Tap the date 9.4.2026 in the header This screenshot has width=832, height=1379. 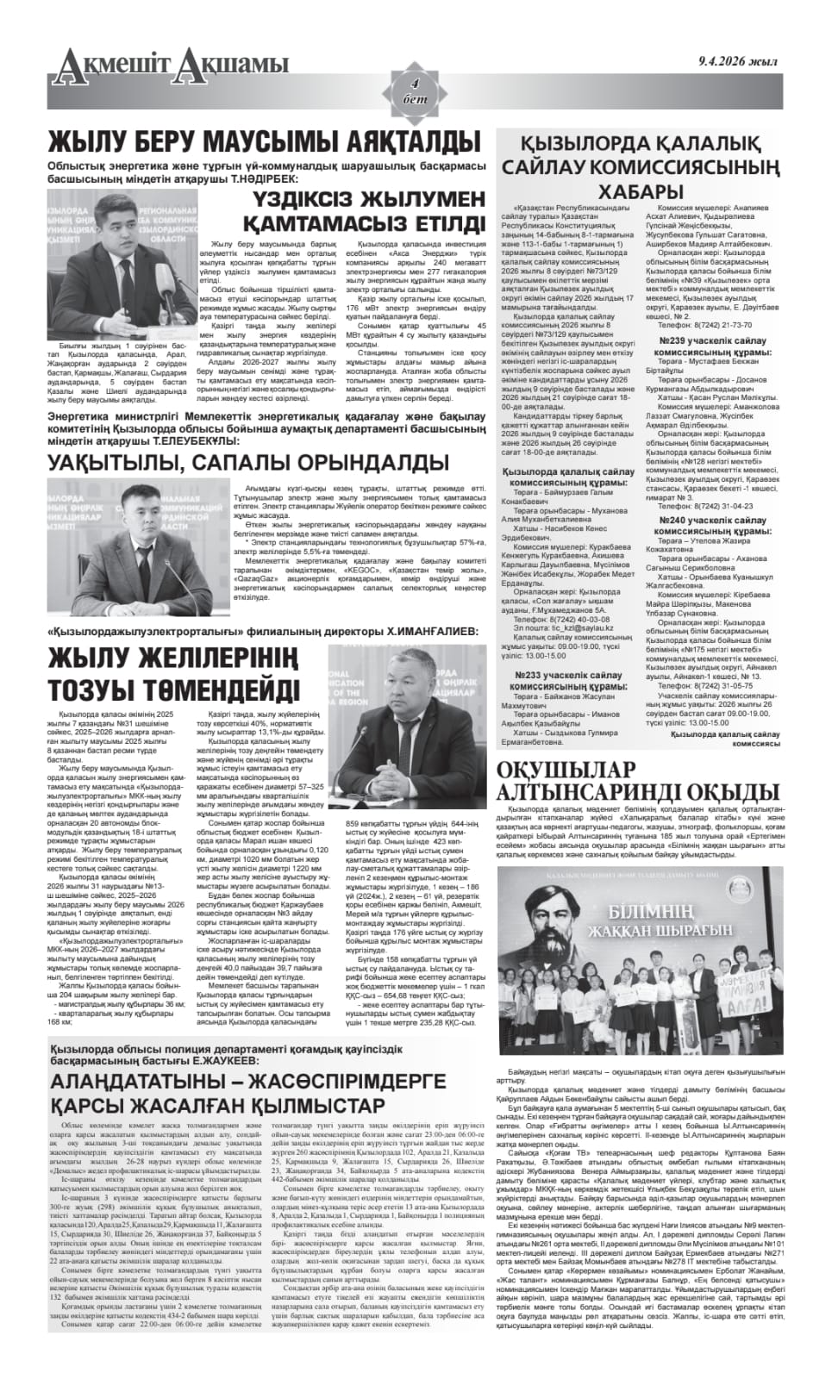737,61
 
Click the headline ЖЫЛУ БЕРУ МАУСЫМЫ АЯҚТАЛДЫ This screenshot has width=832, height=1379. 264,141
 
